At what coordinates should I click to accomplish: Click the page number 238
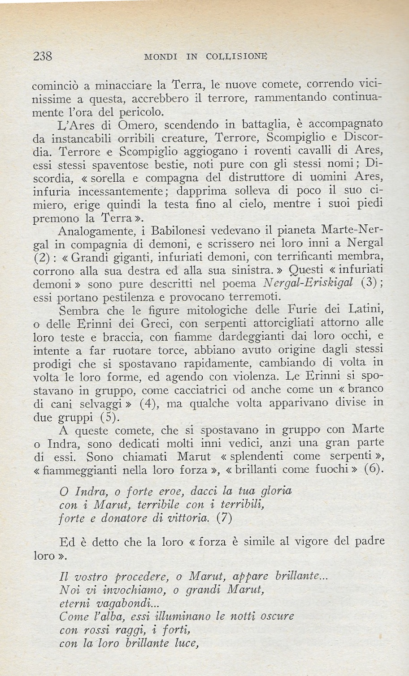point(43,56)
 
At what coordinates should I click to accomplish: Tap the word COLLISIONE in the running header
point(230,57)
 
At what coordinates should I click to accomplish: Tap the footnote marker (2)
point(42,258)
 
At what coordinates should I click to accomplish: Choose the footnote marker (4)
point(148,403)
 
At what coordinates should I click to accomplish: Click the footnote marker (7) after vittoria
point(224,518)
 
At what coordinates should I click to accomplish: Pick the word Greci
point(166,323)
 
